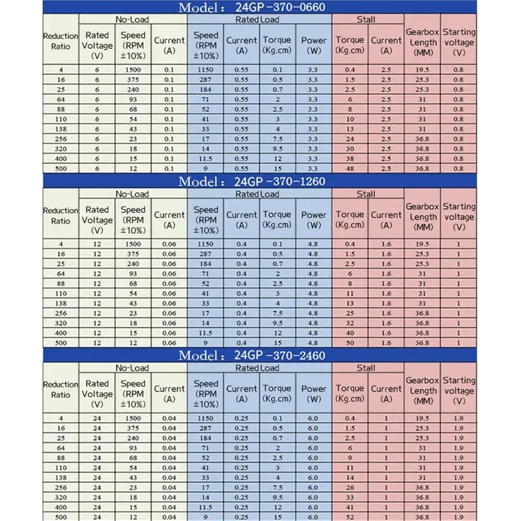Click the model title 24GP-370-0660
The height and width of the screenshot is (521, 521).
click(x=260, y=8)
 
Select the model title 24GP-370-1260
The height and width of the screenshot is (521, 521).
click(x=260, y=181)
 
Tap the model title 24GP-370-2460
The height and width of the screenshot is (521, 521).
click(x=260, y=356)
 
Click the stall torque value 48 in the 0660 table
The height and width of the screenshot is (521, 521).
click(x=350, y=168)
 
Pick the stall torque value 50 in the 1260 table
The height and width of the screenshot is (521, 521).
click(x=350, y=343)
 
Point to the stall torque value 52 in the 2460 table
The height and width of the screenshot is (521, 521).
click(x=350, y=517)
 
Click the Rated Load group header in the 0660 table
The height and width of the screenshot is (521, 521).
click(x=259, y=20)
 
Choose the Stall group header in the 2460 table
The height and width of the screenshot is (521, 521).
click(x=367, y=368)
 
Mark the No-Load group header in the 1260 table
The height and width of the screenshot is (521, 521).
click(x=132, y=194)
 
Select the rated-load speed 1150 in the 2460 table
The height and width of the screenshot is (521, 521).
click(x=206, y=418)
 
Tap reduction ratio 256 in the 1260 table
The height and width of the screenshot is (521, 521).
click(x=61, y=313)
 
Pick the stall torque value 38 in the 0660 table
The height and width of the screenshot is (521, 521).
click(x=350, y=158)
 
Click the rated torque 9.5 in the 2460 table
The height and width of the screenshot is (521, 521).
click(x=277, y=497)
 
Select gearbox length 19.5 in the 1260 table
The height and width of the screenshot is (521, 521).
click(x=423, y=244)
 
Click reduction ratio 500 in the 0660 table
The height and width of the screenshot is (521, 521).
click(x=61, y=168)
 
